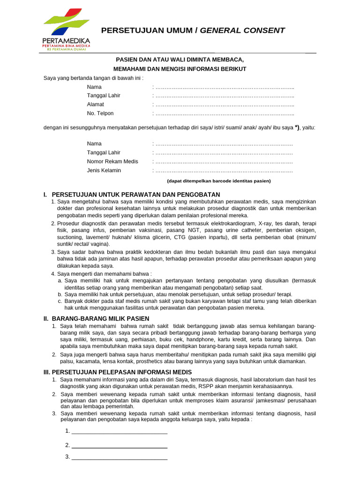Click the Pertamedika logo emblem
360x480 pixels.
[66, 23]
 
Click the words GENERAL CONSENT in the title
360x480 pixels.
[242, 30]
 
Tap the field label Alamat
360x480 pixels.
[95, 105]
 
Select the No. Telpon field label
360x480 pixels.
[100, 113]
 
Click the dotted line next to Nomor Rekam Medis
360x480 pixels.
[224, 162]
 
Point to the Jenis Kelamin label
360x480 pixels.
[104, 171]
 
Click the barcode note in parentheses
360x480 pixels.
[219, 181]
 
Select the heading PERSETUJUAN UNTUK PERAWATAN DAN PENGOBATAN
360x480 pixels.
[135, 195]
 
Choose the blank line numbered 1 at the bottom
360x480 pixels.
[119, 431]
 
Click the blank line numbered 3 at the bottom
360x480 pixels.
[119, 457]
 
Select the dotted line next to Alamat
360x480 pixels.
[224, 105]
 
